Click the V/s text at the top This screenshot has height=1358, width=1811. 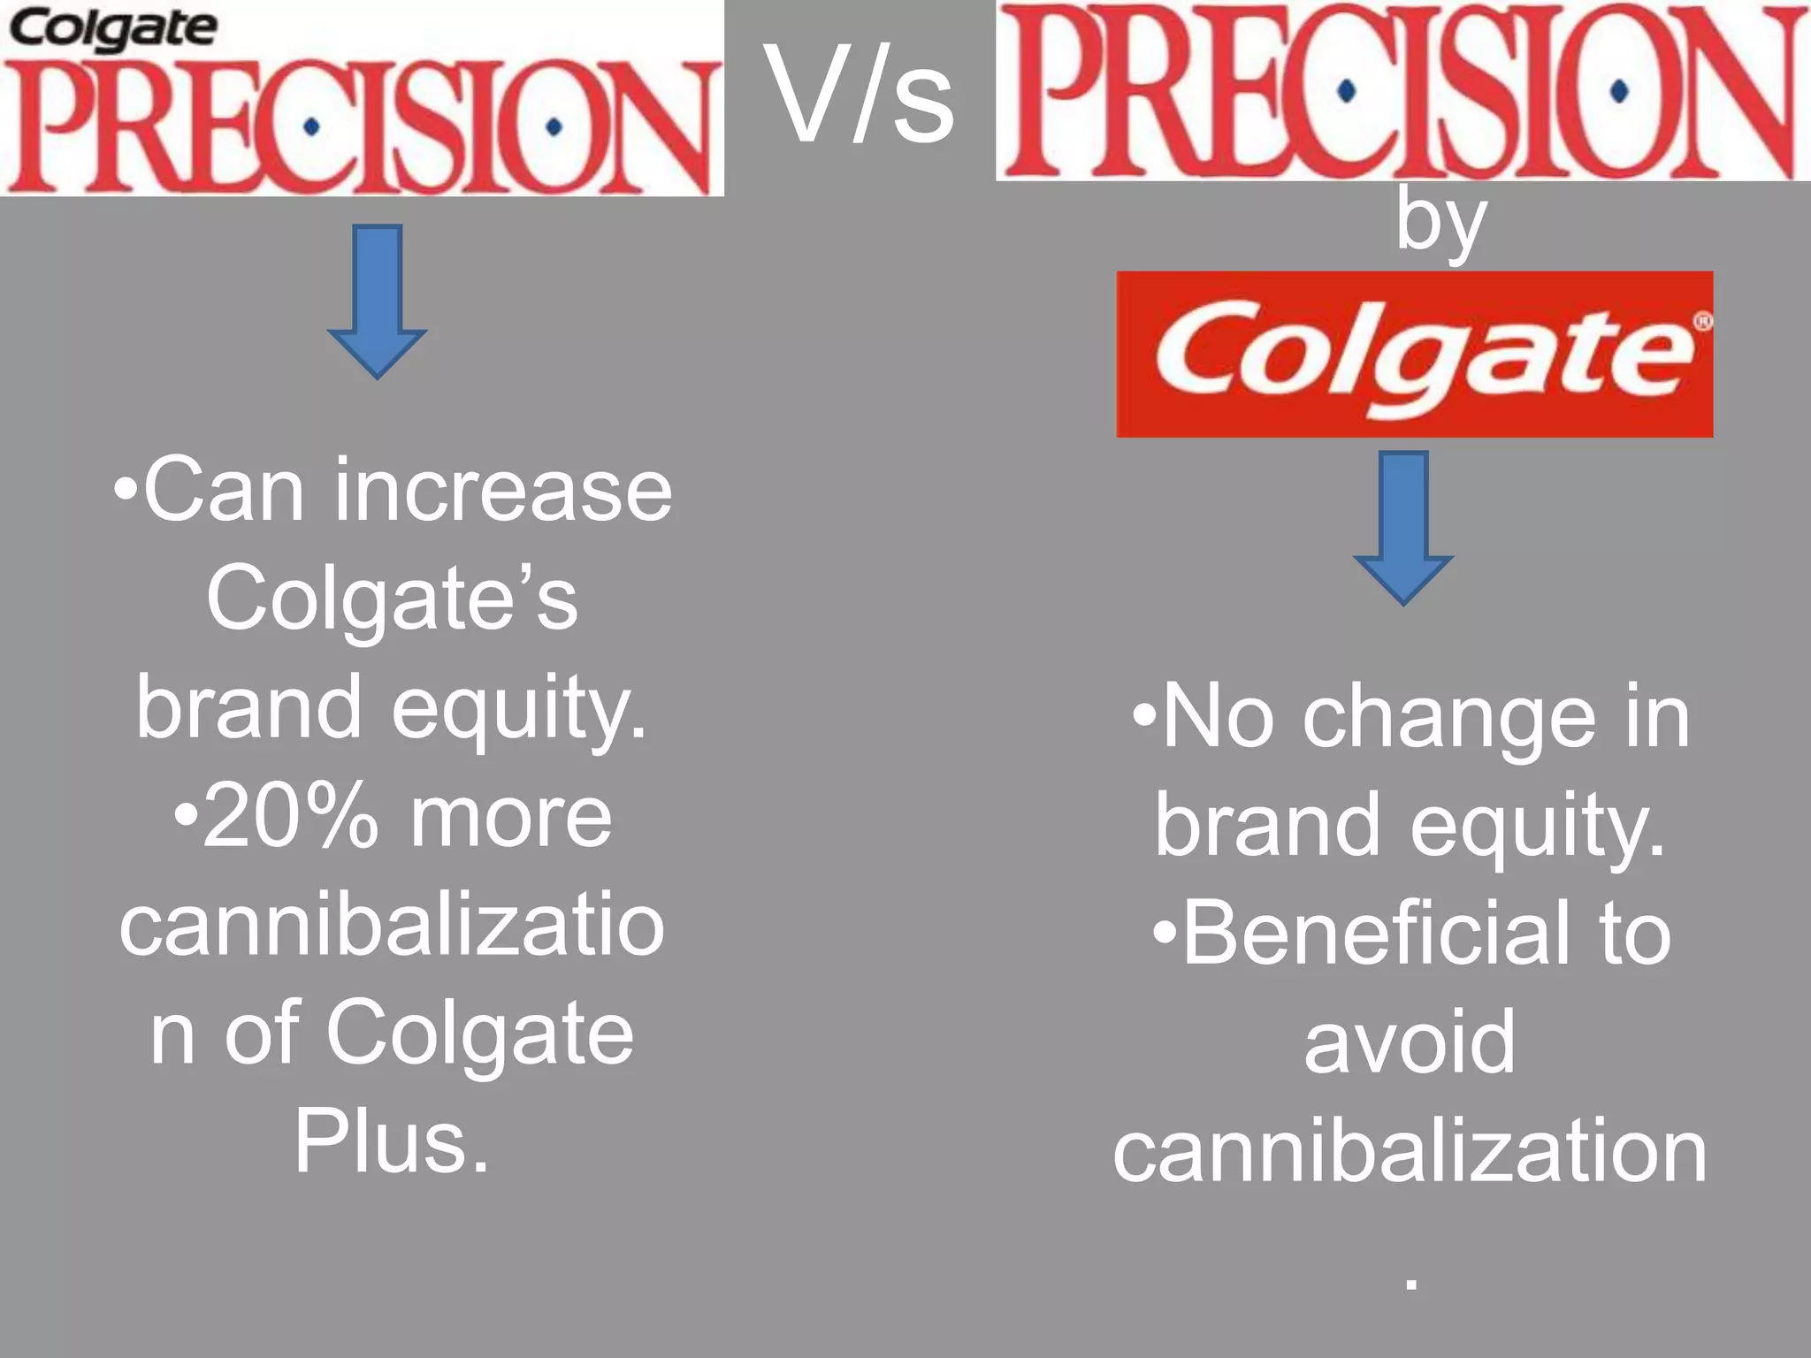(860, 95)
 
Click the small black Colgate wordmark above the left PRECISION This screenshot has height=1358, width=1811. (112, 29)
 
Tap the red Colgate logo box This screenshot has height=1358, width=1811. (1414, 355)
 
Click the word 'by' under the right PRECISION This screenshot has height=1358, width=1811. (1440, 221)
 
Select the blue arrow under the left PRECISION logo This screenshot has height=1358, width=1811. (378, 301)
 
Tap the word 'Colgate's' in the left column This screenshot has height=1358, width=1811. (392, 599)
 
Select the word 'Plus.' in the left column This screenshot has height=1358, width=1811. (392, 1141)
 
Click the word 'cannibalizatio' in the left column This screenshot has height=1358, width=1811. (392, 926)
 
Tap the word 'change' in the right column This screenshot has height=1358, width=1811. (1449, 718)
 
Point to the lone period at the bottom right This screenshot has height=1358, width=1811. (1411, 1283)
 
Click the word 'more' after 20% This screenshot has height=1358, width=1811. (511, 817)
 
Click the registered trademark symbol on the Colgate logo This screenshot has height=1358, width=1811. (1702, 323)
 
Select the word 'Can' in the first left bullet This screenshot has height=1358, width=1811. (224, 491)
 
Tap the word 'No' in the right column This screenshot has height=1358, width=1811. (1218, 718)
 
